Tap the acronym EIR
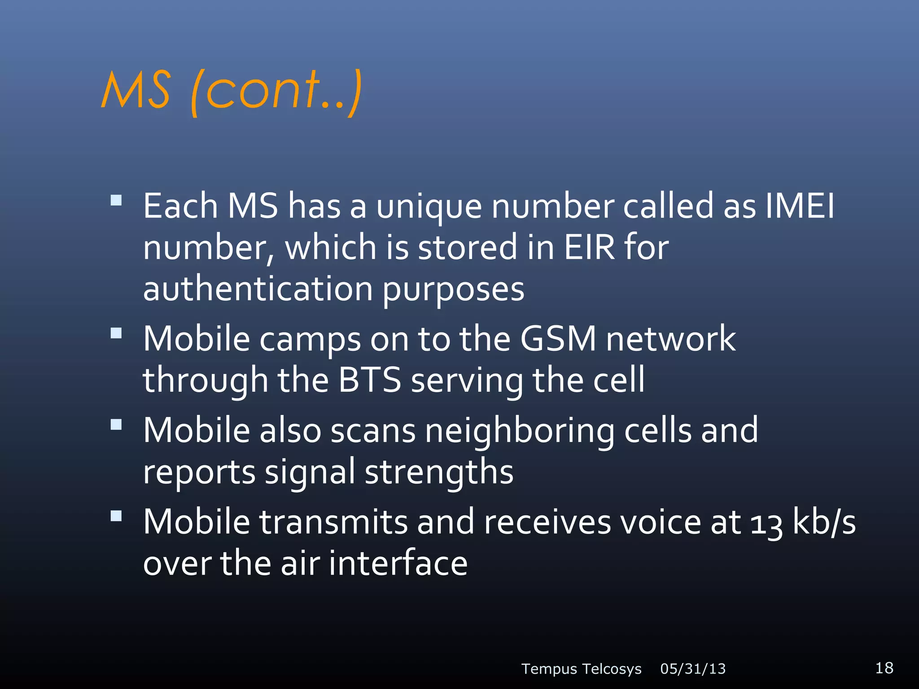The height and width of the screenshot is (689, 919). tap(589, 247)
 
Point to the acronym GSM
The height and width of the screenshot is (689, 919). tap(558, 339)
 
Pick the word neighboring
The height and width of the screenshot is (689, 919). tap(520, 431)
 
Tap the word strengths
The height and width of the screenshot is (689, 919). tap(439, 472)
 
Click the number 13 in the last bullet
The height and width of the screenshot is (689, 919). tap(766, 523)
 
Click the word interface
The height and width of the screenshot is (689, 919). tap(398, 563)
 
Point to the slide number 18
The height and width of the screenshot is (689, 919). tap(884, 667)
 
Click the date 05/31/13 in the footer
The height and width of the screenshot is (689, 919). tap(693, 669)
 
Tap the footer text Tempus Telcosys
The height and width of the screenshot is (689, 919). tap(581, 669)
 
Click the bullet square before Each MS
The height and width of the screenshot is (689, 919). tap(116, 200)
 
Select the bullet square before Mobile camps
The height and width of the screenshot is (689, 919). tap(116, 333)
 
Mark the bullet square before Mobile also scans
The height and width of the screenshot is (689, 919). tap(116, 424)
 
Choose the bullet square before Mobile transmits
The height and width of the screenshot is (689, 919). tap(116, 516)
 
